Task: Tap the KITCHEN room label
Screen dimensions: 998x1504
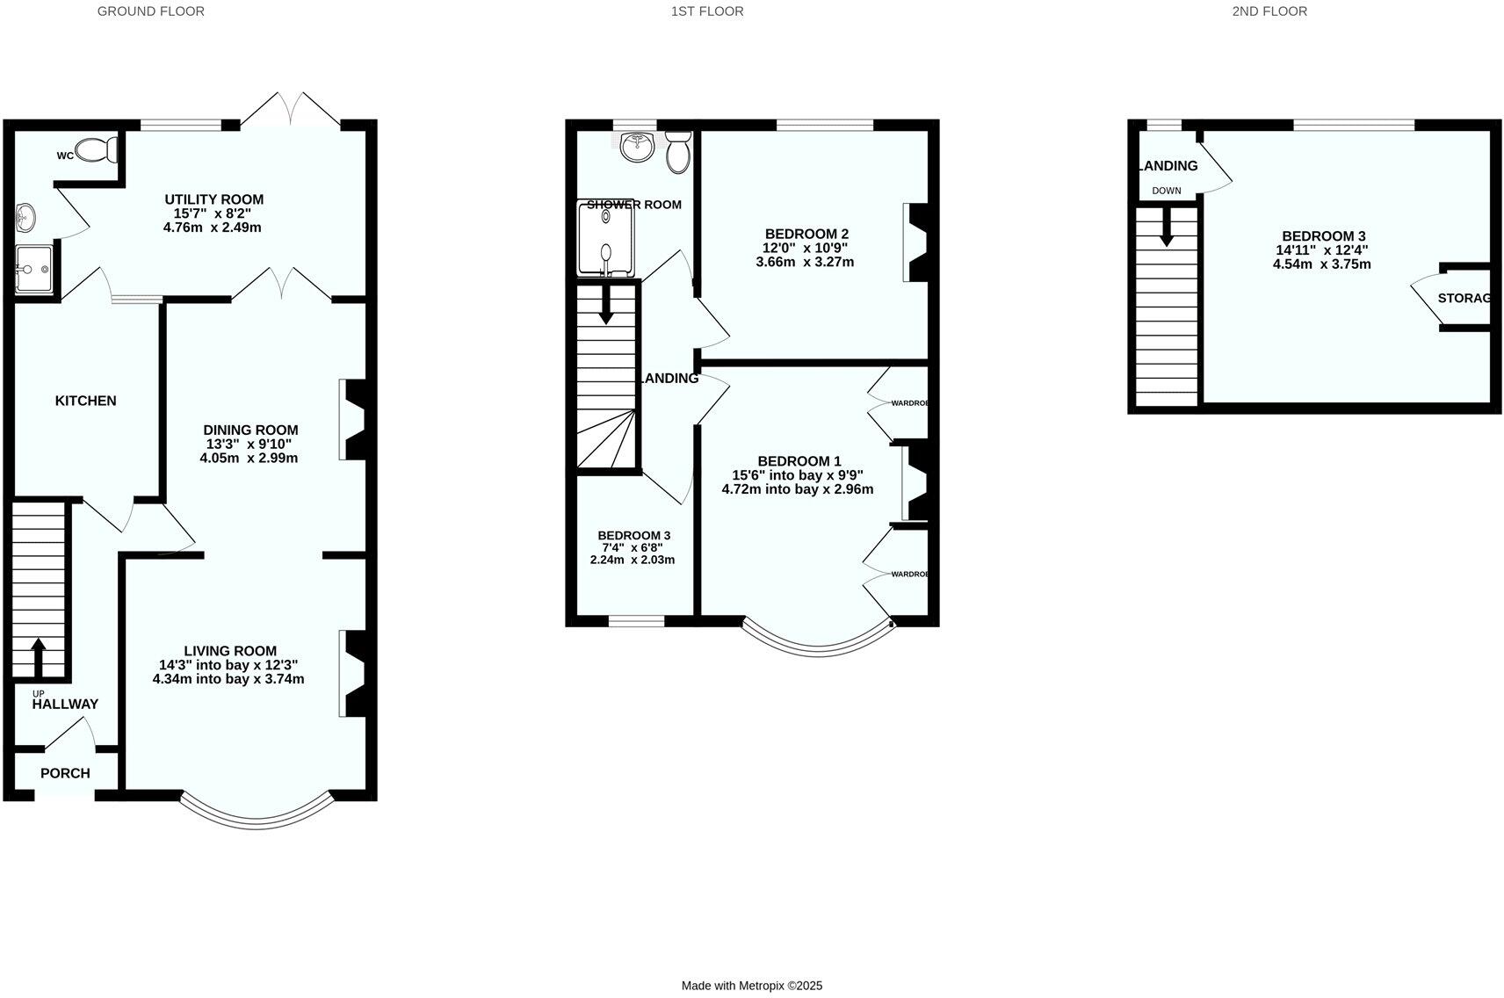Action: pos(85,401)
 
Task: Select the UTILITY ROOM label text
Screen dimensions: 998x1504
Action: pos(213,199)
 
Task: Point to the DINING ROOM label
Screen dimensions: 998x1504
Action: pos(250,430)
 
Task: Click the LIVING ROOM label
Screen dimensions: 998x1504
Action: pos(230,651)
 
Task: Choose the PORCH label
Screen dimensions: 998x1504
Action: pos(65,773)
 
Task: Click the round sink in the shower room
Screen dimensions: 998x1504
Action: pos(636,148)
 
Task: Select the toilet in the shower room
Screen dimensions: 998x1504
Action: pos(678,153)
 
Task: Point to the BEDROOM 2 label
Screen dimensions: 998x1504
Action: pos(806,234)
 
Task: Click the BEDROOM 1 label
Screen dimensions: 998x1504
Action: pos(799,461)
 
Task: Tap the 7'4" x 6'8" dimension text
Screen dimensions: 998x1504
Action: pos(633,547)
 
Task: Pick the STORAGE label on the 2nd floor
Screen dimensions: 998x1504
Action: pos(1464,298)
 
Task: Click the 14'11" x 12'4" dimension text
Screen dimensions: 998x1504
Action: pos(1322,249)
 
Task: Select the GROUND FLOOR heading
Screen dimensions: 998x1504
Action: pos(151,11)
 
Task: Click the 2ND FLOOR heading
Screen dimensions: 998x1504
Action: pos(1269,11)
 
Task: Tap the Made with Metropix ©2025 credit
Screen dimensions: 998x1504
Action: pos(752,986)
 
